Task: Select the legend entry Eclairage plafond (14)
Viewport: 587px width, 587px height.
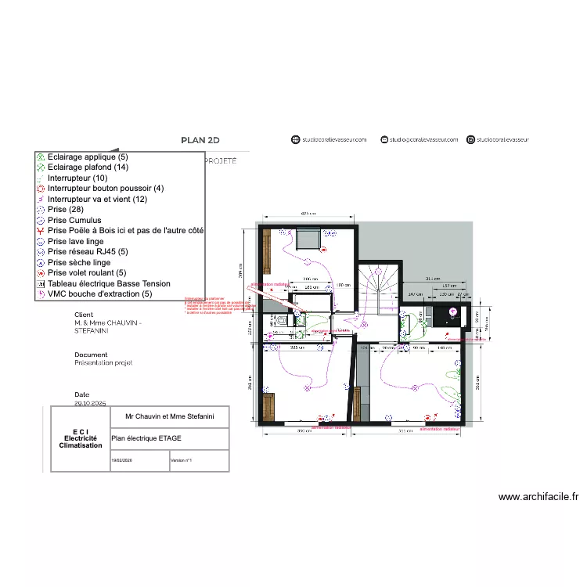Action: pos(88,167)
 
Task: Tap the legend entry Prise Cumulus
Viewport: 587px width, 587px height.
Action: pos(74,221)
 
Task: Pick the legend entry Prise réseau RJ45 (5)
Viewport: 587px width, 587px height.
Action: pos(87,252)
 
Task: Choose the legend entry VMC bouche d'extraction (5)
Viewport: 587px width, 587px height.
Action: pos(99,294)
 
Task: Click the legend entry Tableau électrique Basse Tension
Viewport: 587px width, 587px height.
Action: pos(108,284)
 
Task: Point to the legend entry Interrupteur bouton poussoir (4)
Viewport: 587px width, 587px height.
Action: pos(105,189)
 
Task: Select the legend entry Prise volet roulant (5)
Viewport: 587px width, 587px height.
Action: pos(86,273)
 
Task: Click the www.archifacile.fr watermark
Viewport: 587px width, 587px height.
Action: pos(538,496)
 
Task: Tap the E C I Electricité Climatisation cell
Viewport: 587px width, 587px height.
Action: pos(81,439)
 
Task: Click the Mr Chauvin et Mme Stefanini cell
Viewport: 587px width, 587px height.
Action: pos(170,417)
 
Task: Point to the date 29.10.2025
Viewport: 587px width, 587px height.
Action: pos(90,405)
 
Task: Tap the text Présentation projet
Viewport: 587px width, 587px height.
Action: pos(103,363)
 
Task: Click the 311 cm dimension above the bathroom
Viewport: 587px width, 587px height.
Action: pos(430,279)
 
